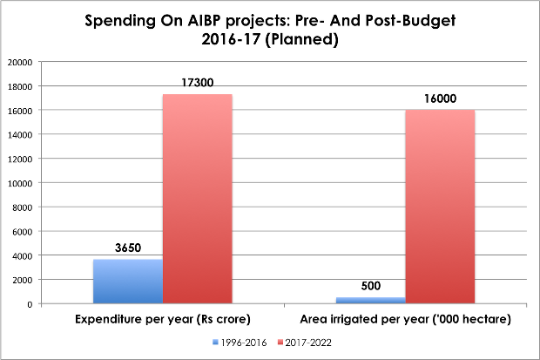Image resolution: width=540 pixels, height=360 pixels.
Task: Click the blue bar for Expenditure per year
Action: tap(127, 281)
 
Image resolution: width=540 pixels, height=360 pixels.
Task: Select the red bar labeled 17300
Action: tap(197, 199)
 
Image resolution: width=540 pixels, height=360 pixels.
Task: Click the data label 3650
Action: tap(128, 248)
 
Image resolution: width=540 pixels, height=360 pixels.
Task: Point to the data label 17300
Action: tap(198, 82)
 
